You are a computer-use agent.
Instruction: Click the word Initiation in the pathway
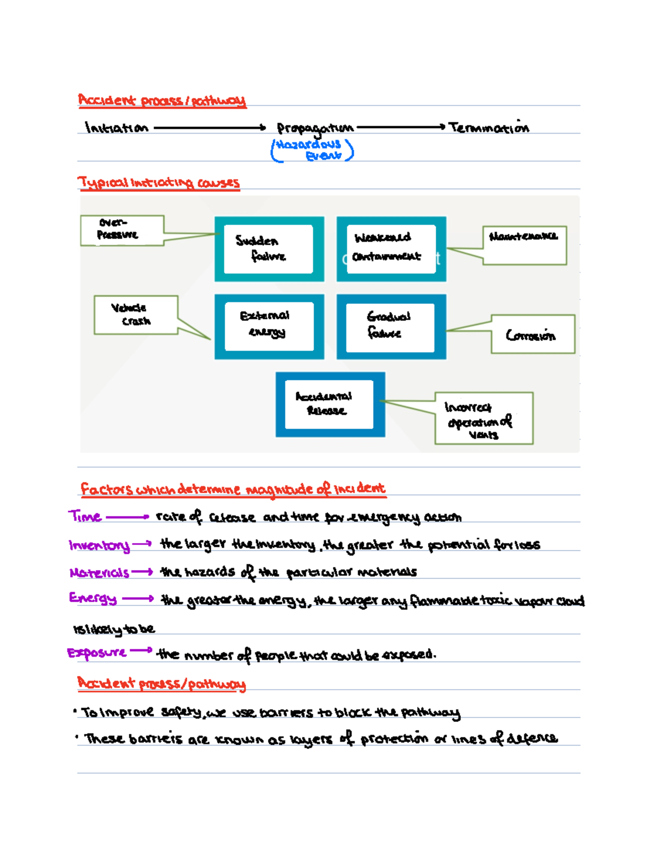(x=116, y=128)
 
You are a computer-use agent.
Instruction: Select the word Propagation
(x=315, y=129)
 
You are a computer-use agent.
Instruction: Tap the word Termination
(x=489, y=128)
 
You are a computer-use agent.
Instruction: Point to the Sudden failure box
(x=269, y=248)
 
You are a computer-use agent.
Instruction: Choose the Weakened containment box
(x=391, y=248)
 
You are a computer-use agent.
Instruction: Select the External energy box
(x=269, y=326)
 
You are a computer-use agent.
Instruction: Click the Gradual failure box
(x=391, y=326)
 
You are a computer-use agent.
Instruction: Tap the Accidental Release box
(x=330, y=404)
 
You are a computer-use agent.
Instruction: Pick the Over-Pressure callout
(x=122, y=230)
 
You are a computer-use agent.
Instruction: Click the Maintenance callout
(x=524, y=245)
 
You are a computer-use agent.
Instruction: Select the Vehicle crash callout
(x=135, y=315)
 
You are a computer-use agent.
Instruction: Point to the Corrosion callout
(x=532, y=334)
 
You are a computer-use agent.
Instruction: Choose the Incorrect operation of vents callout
(x=483, y=418)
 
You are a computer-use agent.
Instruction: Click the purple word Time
(x=85, y=516)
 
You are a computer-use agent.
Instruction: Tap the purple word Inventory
(x=99, y=545)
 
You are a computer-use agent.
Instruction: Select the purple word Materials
(x=99, y=573)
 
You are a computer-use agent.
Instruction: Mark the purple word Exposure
(x=97, y=652)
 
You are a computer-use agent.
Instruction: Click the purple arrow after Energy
(x=138, y=599)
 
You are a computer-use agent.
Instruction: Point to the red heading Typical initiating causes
(x=159, y=182)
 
